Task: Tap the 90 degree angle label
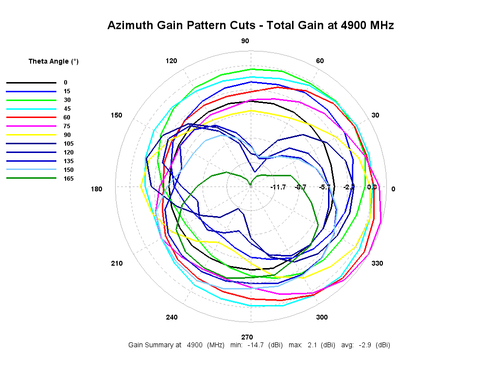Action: tap(245, 41)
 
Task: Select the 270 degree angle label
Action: tap(247, 337)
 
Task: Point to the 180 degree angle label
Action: tap(97, 189)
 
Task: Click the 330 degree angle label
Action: tap(377, 263)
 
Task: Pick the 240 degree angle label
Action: tap(172, 317)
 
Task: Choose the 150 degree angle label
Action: tap(117, 115)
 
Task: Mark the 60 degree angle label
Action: tap(320, 61)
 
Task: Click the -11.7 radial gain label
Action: tap(278, 187)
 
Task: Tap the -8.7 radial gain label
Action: tap(301, 187)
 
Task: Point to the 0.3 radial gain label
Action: tap(372, 187)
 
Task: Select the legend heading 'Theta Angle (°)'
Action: tap(53, 61)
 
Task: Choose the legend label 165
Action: tap(69, 179)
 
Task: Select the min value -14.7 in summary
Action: tap(256, 345)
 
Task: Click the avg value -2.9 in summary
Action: tap(364, 345)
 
